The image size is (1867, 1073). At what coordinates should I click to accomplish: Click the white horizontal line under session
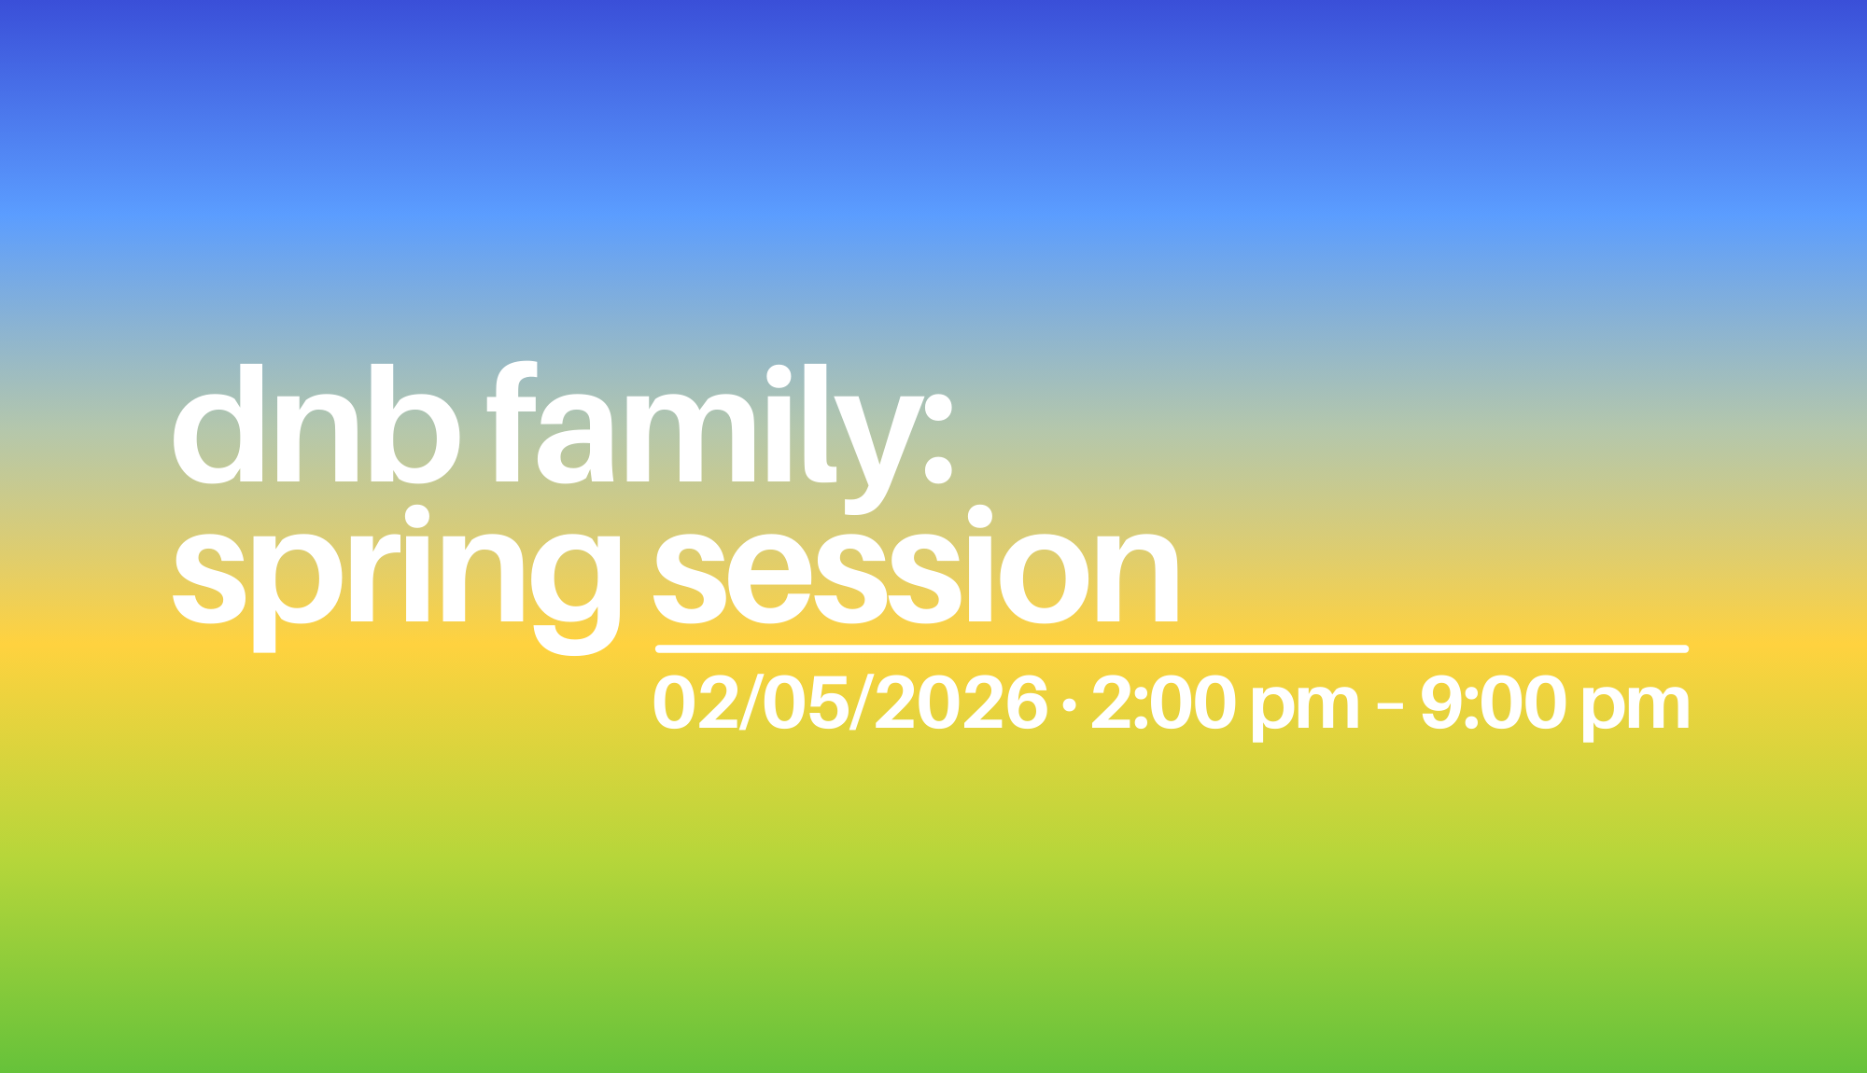[1172, 648]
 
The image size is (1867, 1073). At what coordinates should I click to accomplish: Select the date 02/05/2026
[850, 704]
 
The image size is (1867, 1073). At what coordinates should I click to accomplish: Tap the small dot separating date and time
[1070, 704]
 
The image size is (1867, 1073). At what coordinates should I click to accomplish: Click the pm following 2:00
[1305, 709]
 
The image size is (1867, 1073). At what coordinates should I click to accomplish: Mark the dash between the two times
[1390, 706]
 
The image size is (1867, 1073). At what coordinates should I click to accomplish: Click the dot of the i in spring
[414, 517]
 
